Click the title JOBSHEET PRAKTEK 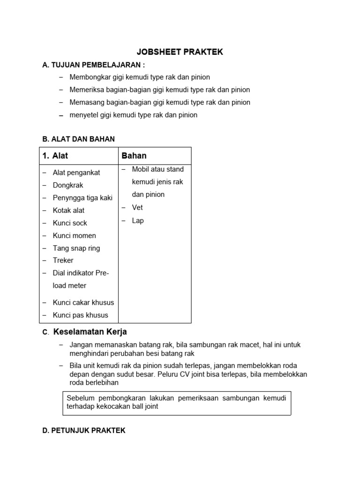[x=180, y=52]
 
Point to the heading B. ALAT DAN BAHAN [x=78, y=139]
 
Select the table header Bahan [x=134, y=156]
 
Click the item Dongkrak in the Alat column [x=68, y=185]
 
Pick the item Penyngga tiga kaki [x=82, y=198]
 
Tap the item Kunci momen [x=74, y=235]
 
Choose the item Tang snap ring [x=76, y=248]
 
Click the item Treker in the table [x=63, y=260]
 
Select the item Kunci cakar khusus [x=83, y=302]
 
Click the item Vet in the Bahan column [x=137, y=207]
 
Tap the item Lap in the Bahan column [x=138, y=220]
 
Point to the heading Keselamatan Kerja [x=90, y=332]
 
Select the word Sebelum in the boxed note [x=81, y=398]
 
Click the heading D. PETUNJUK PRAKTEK [x=84, y=430]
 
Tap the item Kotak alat [x=68, y=210]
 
